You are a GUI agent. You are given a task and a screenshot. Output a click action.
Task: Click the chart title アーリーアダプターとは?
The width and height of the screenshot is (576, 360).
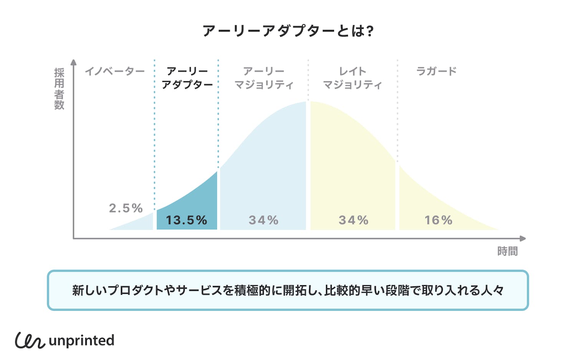click(x=288, y=31)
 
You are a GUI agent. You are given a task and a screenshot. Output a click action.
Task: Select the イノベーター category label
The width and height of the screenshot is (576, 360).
click(x=115, y=71)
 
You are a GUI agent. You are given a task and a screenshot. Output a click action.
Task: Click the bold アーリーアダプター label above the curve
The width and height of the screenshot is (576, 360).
click(x=187, y=78)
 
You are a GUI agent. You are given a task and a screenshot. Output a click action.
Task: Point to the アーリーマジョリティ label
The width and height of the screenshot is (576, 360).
click(x=264, y=78)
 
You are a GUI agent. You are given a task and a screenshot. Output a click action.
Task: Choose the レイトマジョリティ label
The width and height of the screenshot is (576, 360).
click(x=353, y=78)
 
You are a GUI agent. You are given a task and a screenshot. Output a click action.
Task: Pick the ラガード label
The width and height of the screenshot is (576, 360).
click(x=437, y=71)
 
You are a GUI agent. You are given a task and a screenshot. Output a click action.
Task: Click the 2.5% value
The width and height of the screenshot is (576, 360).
click(x=126, y=208)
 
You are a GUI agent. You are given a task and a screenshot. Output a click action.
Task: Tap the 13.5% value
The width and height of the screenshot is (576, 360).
click(x=187, y=220)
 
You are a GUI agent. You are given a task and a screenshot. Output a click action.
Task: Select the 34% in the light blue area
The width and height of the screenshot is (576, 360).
click(x=264, y=220)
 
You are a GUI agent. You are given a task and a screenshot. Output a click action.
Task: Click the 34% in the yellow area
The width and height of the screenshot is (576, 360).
click(x=354, y=220)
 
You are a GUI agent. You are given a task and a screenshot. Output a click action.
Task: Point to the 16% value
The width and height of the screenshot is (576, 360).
click(x=439, y=220)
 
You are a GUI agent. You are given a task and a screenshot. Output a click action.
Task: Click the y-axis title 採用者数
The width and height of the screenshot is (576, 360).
click(x=59, y=89)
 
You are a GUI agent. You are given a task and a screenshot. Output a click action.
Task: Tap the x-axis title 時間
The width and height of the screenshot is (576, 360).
click(x=508, y=251)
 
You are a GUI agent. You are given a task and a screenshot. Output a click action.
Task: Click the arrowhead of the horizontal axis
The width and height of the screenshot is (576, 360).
click(x=523, y=238)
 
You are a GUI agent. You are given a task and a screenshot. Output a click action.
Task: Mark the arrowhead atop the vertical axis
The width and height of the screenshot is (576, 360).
click(x=74, y=62)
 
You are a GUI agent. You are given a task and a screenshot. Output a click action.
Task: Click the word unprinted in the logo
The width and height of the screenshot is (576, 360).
click(x=82, y=341)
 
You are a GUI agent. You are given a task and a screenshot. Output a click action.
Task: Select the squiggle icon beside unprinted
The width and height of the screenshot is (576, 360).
click(x=30, y=340)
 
